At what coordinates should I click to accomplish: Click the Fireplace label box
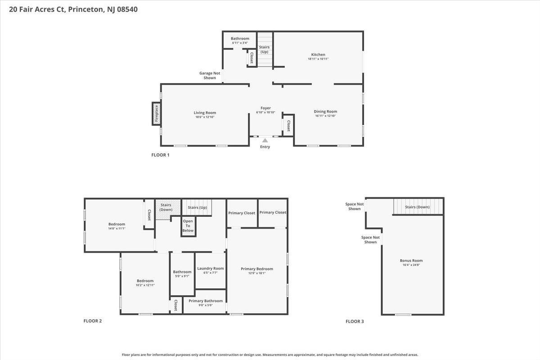point(157,113)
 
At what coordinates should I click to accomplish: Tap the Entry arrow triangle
point(265,140)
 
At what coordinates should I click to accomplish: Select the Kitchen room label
point(318,54)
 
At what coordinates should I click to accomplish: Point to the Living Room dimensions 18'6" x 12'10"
point(205,117)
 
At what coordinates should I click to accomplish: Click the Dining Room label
point(325,112)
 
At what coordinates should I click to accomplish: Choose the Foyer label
point(265,108)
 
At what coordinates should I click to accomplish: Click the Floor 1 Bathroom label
point(240,38)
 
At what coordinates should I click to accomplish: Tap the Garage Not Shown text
point(210,75)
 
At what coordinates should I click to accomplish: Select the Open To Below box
point(188,226)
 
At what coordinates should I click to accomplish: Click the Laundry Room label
point(210,268)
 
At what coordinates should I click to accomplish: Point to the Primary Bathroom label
point(206,301)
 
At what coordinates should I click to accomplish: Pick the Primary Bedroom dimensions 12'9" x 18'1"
point(257,273)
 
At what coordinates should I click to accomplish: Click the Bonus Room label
point(411,260)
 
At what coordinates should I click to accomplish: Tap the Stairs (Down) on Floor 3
point(417,207)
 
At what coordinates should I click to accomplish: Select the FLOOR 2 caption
point(93,321)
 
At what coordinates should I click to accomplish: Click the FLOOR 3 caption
point(355,321)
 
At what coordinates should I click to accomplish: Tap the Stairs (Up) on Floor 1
point(264,49)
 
